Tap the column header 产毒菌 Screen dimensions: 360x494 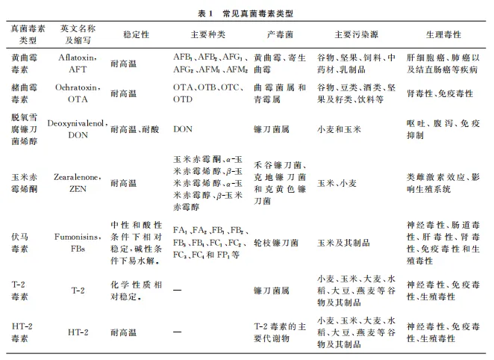point(275,34)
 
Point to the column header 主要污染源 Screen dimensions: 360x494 point(354,34)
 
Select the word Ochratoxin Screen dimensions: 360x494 point(77,87)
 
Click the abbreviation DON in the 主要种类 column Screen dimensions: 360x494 point(183,128)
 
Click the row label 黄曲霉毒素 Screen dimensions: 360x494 point(23,63)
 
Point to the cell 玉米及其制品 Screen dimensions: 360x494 point(348,243)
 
